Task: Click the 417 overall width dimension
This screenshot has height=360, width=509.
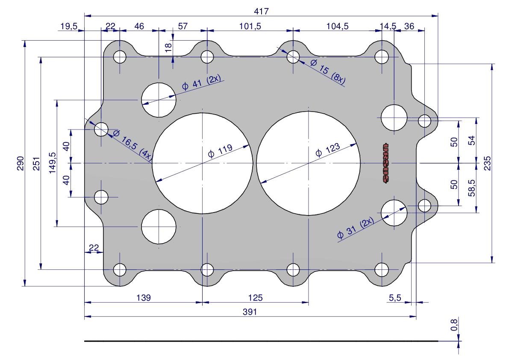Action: (x=261, y=12)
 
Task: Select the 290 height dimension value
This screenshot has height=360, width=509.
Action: (x=20, y=163)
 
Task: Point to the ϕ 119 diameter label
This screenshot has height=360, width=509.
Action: (x=221, y=151)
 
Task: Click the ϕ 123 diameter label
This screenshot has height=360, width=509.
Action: (x=328, y=150)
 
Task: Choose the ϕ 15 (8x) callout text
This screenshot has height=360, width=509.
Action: (x=327, y=72)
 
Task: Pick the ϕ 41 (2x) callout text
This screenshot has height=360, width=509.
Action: (x=202, y=82)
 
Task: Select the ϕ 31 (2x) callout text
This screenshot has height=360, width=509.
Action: (x=356, y=228)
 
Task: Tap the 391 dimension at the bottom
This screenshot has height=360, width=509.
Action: (x=250, y=312)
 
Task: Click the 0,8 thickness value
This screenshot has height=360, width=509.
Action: (x=454, y=325)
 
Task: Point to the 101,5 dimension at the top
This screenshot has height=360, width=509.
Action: (x=250, y=26)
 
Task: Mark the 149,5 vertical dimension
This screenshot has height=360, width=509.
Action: (x=52, y=163)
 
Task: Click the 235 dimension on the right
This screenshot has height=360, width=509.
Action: (x=487, y=163)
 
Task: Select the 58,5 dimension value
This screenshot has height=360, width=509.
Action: (x=472, y=188)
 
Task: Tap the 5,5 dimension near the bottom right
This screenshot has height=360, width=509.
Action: (x=395, y=297)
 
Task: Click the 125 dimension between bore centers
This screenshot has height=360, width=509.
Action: (x=255, y=297)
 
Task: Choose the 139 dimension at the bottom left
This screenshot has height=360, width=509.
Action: (x=144, y=297)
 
